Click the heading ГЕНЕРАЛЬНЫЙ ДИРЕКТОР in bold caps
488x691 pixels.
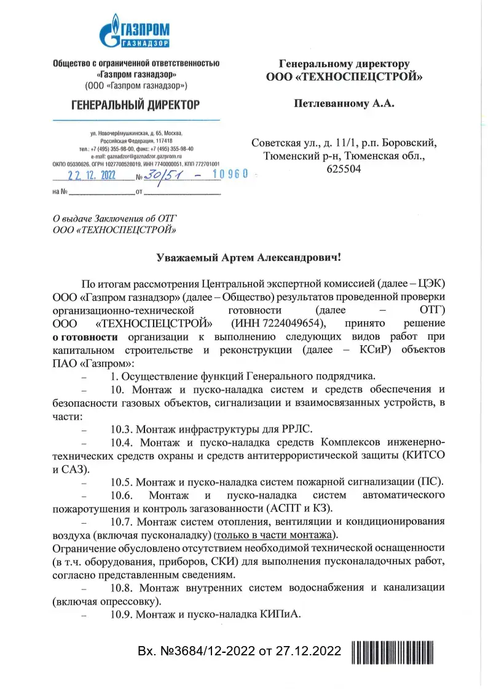coord(136,105)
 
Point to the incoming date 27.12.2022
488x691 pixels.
coord(309,651)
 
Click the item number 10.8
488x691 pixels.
coord(122,588)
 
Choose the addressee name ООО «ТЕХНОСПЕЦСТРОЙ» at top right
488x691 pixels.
coord(345,77)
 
